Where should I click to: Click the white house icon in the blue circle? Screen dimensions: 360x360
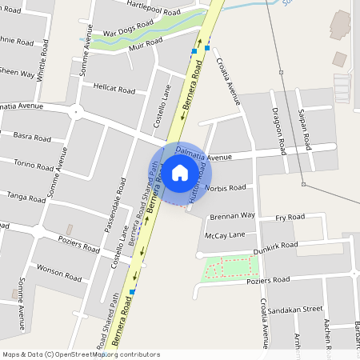(180, 172)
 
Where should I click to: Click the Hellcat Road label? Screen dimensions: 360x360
(114, 89)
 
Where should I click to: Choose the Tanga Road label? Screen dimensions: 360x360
(26, 197)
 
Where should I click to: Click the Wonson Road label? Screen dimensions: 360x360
(60, 272)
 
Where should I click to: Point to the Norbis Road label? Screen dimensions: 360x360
(226, 188)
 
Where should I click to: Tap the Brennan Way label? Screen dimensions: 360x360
(232, 216)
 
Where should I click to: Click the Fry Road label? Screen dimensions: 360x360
(290, 217)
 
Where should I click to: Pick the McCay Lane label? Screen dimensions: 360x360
(225, 235)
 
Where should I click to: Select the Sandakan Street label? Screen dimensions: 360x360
(295, 308)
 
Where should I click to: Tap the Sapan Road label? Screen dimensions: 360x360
(304, 129)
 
